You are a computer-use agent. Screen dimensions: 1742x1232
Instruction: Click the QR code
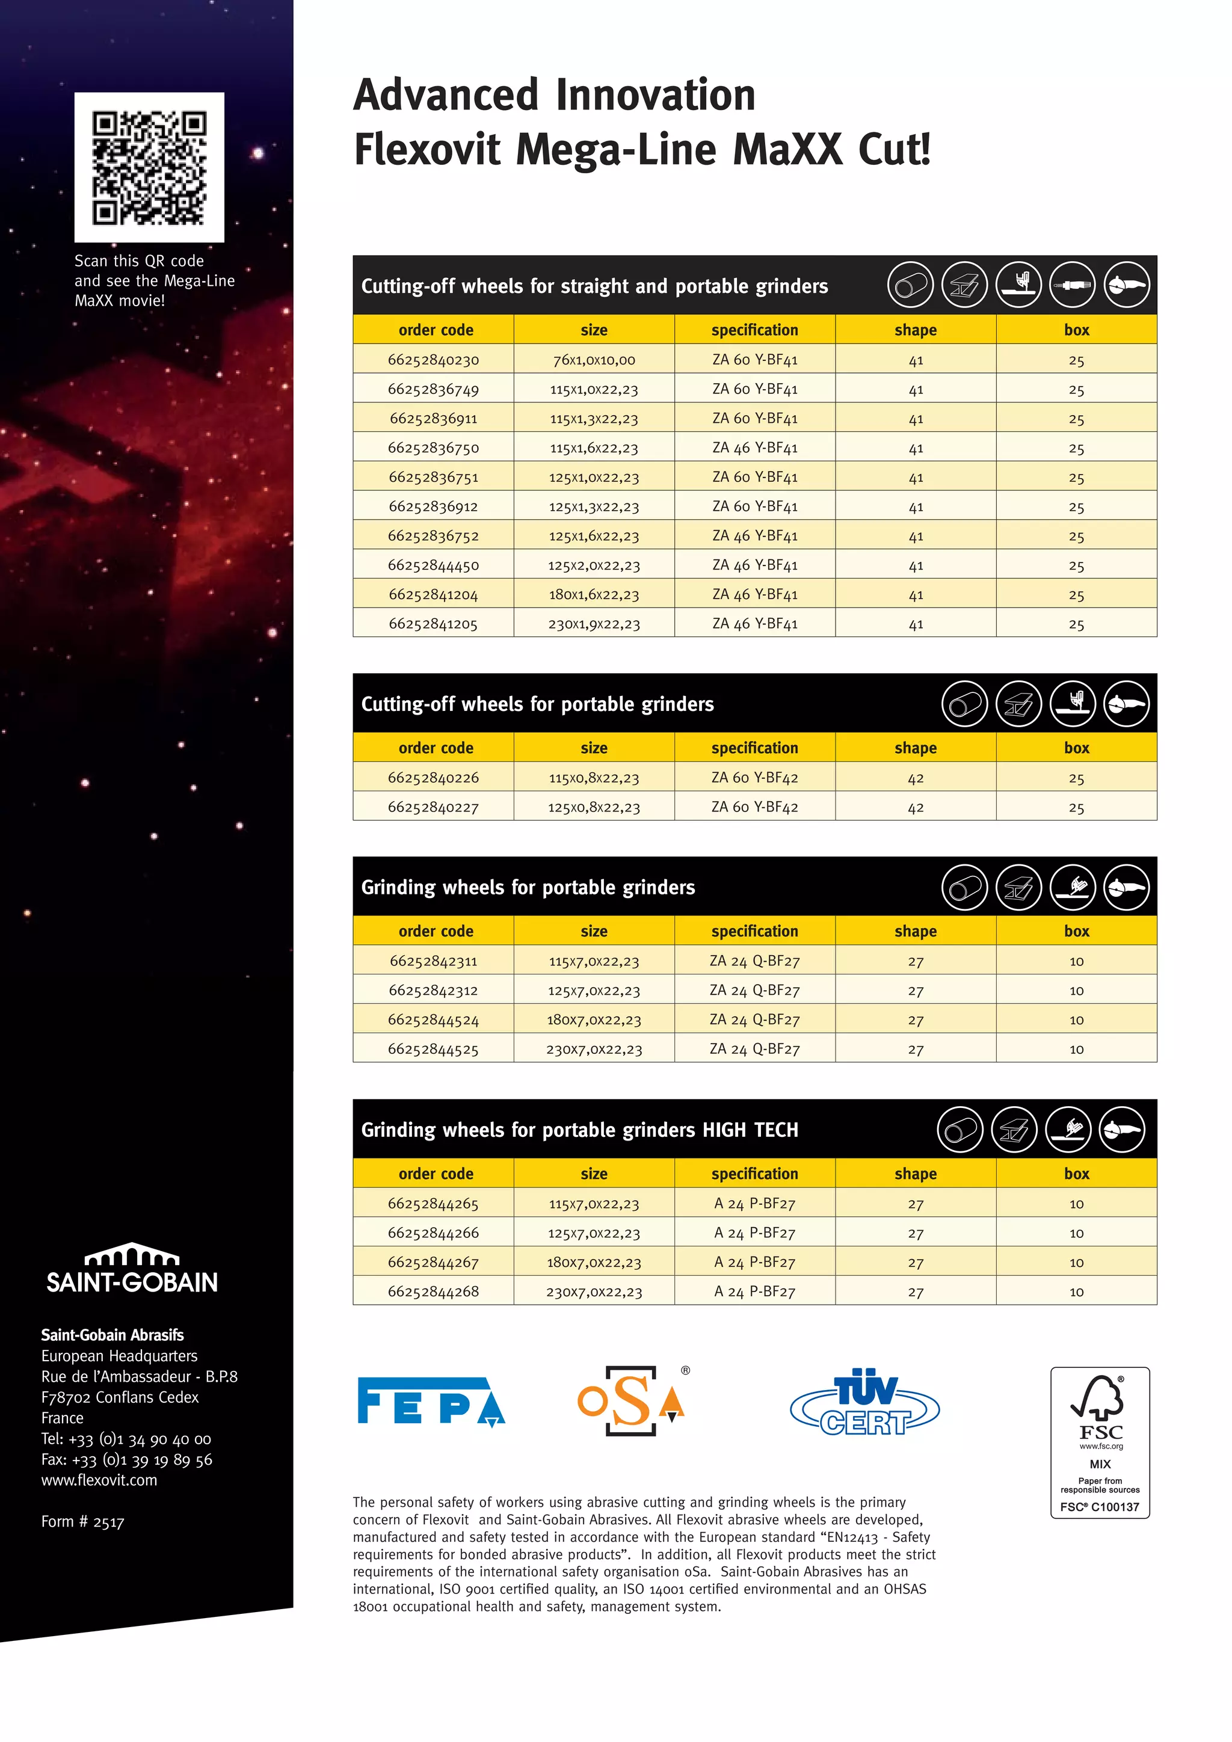[149, 168]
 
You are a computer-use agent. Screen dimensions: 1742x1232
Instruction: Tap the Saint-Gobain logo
[132, 1269]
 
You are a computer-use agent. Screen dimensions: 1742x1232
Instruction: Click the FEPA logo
[431, 1402]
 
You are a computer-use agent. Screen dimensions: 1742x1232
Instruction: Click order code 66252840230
[433, 360]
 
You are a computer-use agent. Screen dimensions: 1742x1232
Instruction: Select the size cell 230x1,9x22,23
[594, 624]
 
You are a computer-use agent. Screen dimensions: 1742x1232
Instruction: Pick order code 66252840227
[433, 807]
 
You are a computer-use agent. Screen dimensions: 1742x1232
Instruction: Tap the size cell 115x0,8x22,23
[594, 778]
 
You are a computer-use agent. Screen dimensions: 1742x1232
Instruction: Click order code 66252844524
[433, 1020]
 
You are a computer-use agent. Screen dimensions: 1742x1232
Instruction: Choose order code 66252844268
[433, 1291]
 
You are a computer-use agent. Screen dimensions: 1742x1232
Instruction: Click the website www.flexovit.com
[99, 1480]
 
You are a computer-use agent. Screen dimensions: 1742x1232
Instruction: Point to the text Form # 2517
[82, 1522]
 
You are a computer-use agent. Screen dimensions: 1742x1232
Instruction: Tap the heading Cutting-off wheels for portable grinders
[537, 704]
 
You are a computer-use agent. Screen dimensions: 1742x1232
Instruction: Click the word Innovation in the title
[656, 96]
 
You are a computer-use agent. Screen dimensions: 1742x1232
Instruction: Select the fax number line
[127, 1460]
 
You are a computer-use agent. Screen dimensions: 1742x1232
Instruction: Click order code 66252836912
[433, 506]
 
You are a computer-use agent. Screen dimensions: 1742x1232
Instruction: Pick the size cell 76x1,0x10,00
[594, 360]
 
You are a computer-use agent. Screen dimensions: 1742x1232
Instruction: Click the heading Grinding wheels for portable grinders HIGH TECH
[579, 1130]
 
